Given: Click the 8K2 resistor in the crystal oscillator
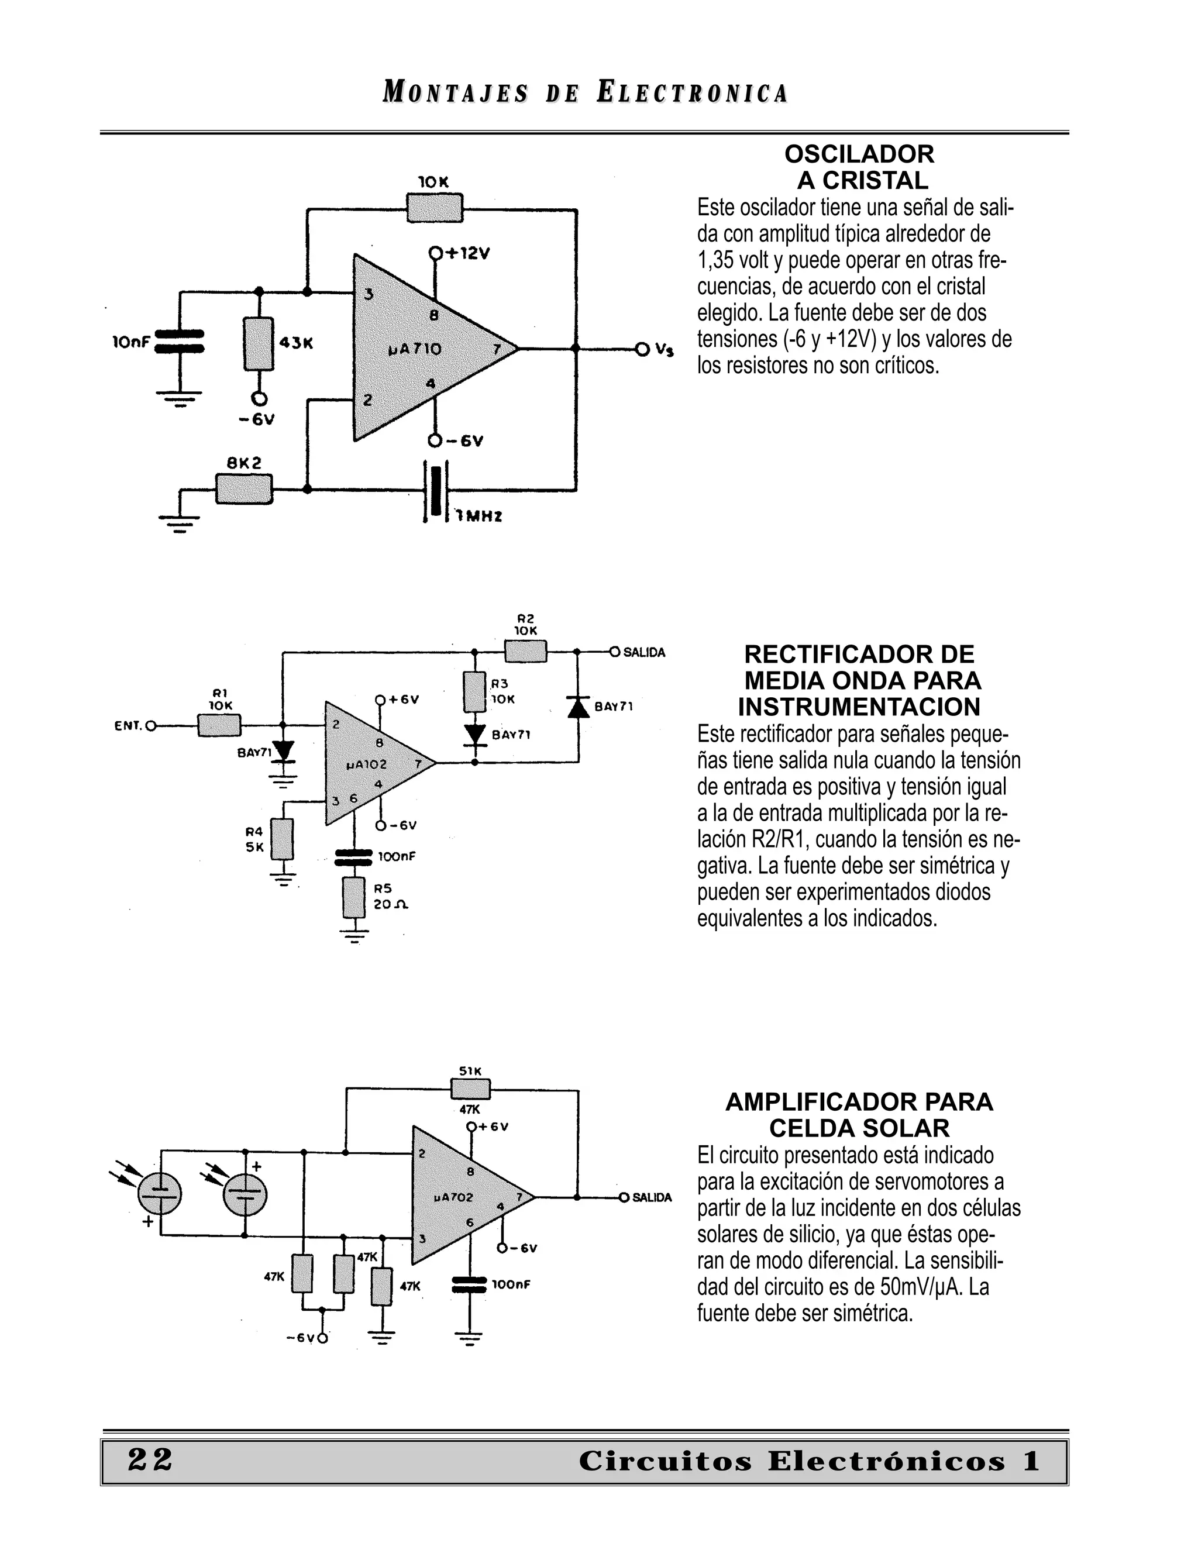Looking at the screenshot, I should (x=243, y=489).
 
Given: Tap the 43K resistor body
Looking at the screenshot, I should (x=259, y=343).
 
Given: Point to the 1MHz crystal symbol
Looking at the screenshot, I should (x=435, y=492).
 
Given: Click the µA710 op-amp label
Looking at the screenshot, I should (x=415, y=349).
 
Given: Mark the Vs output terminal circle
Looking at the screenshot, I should (x=642, y=349).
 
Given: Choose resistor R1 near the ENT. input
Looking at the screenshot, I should (x=219, y=725).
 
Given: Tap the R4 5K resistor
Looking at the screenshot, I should (x=283, y=839).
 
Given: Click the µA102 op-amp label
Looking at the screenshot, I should (x=366, y=764).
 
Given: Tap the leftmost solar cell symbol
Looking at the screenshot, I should (x=159, y=1194).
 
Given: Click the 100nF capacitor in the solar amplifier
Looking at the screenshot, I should (x=469, y=1284).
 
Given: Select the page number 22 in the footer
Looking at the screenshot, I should (x=150, y=1460).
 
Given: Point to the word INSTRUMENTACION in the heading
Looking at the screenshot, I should (x=859, y=707).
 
